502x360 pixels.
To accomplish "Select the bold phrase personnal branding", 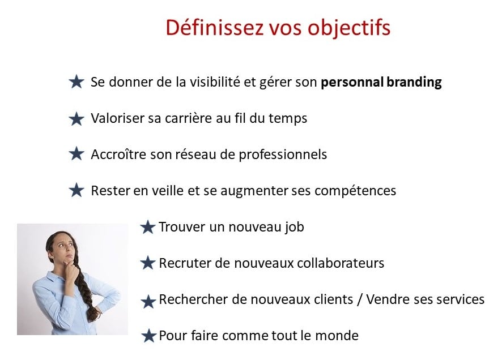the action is click(x=381, y=83).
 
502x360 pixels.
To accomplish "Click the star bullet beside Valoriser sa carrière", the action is click(x=76, y=119).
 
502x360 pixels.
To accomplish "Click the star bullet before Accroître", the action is click(x=76, y=154).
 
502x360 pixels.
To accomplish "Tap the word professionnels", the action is click(x=283, y=155).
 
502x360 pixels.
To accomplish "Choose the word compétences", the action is click(x=355, y=191).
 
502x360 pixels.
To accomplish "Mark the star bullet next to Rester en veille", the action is click(x=76, y=190).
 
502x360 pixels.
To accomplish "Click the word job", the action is click(x=294, y=228).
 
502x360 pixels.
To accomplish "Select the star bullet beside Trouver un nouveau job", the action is click(x=148, y=228).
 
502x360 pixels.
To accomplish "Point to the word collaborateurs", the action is click(x=341, y=263).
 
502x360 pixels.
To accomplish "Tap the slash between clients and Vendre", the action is click(x=360, y=300).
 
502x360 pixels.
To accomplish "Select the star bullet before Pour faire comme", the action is click(x=148, y=336).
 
